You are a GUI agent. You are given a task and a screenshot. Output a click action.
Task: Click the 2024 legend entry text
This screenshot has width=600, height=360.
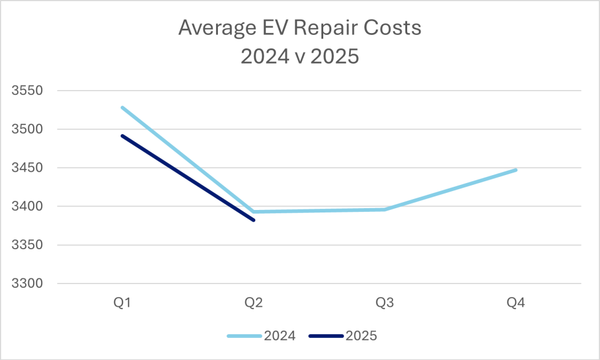(280, 336)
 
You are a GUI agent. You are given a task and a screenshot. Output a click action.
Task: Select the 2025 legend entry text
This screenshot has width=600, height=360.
(361, 336)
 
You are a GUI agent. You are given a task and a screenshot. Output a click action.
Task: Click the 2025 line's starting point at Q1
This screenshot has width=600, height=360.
(122, 135)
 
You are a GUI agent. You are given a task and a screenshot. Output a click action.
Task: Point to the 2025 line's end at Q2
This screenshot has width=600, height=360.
(253, 220)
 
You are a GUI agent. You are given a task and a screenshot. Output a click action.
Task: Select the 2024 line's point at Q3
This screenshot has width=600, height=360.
(385, 209)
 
